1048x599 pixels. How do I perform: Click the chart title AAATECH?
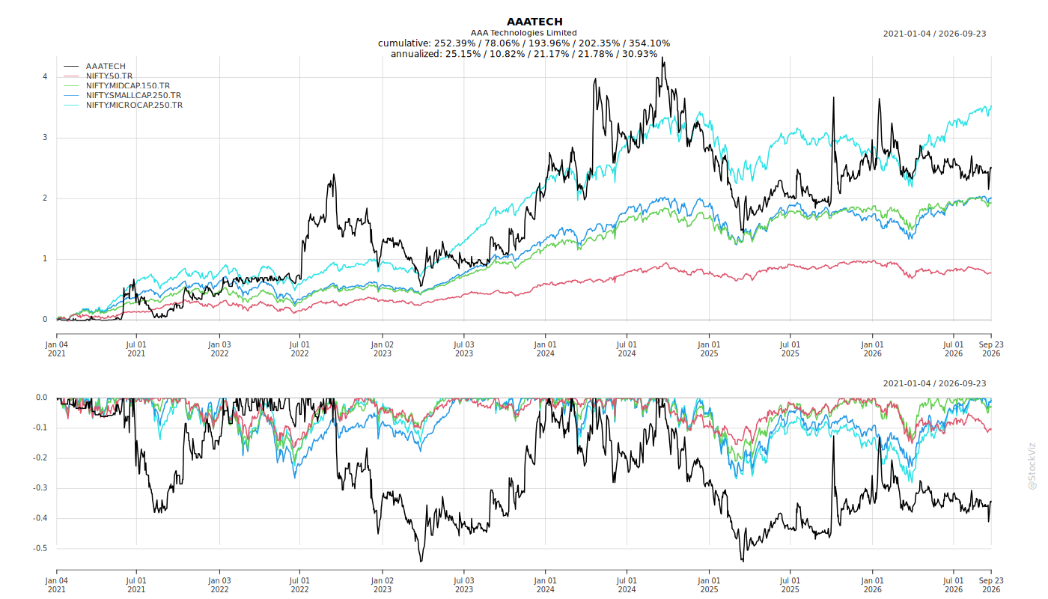534,22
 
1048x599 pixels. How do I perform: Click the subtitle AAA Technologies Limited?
523,33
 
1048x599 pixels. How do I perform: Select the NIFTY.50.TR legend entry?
109,76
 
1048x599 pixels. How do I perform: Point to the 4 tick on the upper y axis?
45,76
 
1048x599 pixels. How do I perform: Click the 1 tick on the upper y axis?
45,259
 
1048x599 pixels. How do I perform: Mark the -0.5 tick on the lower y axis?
40,548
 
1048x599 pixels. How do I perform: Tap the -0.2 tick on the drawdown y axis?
40,457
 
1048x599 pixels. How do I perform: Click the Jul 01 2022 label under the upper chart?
299,349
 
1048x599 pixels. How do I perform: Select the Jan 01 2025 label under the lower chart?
709,585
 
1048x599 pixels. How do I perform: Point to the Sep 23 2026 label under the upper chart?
991,349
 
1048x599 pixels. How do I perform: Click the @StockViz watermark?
1032,466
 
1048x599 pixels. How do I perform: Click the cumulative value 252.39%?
455,43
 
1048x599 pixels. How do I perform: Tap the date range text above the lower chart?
934,383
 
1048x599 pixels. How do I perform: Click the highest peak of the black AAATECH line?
662,58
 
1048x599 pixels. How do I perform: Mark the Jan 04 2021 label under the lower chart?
57,585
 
